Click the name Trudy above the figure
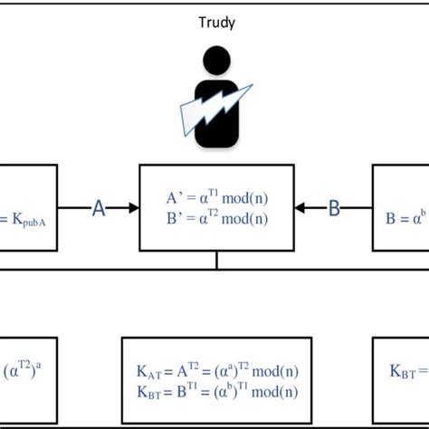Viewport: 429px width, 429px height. pos(216,23)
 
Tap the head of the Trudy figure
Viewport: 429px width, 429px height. pos(216,60)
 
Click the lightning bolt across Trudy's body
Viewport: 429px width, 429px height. pos(216,110)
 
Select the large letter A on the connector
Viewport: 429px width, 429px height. pos(99,208)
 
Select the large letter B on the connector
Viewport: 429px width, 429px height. pos(334,208)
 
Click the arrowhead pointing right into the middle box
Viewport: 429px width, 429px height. pos(134,208)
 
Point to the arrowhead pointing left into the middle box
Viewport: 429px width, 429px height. pos(300,208)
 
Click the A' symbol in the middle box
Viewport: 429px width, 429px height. pos(175,198)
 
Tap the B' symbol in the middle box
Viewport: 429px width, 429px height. pos(175,218)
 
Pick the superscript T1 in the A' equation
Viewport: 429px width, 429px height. pos(213,192)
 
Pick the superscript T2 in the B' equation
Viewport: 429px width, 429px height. pos(213,213)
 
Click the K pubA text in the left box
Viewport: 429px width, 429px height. pos(29,220)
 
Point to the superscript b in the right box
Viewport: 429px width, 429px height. pos(424,213)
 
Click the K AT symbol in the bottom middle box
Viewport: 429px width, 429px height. pos(149,372)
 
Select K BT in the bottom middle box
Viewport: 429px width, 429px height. pos(149,392)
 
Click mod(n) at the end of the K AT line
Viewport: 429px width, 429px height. pos(275,371)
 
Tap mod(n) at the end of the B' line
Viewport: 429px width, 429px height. pos(244,218)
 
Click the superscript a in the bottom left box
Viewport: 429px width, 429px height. pos(38,365)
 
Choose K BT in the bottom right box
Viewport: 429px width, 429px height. pos(403,371)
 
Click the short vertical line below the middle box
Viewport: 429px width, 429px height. pos(216,260)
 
